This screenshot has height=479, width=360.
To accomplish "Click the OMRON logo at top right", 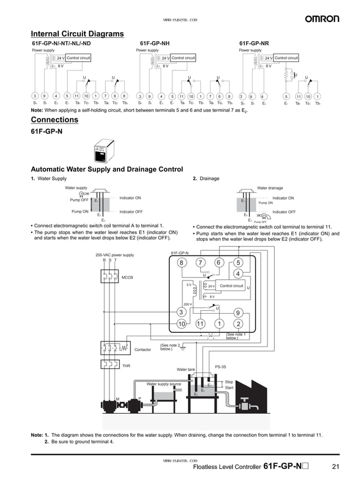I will click(x=322, y=19).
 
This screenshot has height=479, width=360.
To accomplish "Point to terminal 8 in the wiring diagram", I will click(x=181, y=262).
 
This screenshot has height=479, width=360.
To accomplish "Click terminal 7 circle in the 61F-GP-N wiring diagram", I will click(x=200, y=262).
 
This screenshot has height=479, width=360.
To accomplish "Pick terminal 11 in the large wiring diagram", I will click(x=200, y=324).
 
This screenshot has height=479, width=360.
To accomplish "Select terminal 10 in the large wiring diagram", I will click(x=181, y=324).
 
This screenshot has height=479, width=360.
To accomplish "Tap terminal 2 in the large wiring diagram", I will click(x=238, y=324).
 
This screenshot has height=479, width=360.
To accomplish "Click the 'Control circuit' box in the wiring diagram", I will click(x=231, y=286).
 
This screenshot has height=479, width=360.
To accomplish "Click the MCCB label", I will click(x=128, y=278).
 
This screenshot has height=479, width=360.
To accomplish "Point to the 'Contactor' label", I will click(x=142, y=350).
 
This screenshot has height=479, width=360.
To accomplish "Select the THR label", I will click(x=126, y=366).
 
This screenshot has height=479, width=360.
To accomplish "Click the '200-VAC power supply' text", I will click(x=115, y=255).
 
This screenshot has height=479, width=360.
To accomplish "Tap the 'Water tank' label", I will click(x=186, y=370).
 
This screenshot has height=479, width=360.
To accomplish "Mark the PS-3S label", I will click(x=220, y=367).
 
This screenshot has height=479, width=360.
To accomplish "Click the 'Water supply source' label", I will click(x=164, y=384).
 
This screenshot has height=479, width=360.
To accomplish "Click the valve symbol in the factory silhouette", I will click(x=248, y=405).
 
